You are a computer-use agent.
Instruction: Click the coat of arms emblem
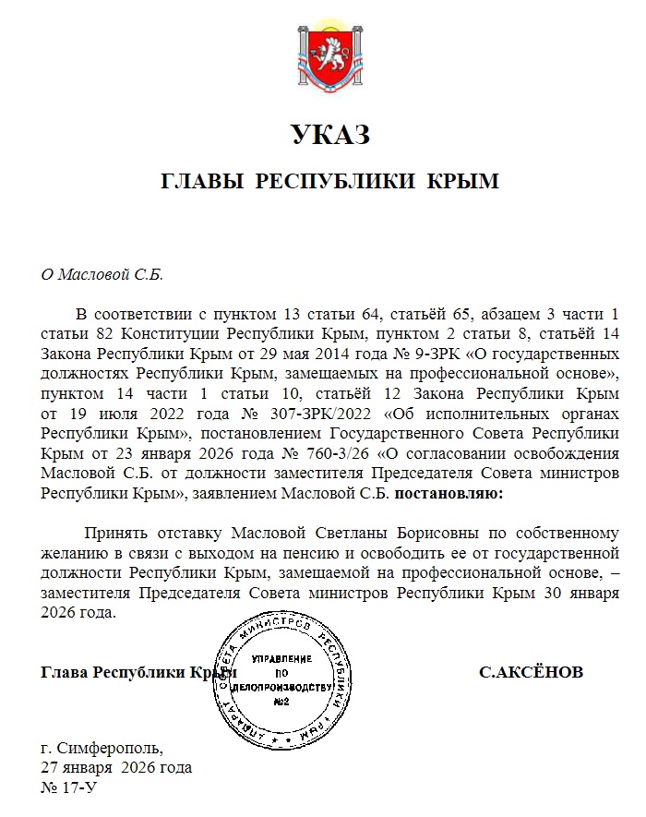[330, 60]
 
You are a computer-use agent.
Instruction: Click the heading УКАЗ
[329, 135]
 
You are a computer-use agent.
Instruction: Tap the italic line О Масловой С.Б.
[102, 274]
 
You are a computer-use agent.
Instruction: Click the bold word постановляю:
[450, 494]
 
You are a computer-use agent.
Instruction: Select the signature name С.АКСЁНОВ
[532, 672]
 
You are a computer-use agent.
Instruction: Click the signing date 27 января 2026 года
[115, 767]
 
